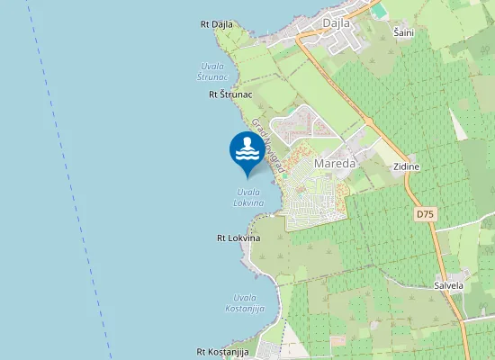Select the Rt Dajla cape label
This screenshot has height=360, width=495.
(217, 24)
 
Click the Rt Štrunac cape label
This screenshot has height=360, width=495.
(230, 94)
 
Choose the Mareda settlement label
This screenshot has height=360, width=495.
(335, 165)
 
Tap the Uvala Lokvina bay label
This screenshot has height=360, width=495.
(248, 197)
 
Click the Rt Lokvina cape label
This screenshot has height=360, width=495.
(238, 238)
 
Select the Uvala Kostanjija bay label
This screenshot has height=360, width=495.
(244, 303)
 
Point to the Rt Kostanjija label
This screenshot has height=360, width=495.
(222, 352)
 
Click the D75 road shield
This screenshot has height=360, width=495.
(425, 215)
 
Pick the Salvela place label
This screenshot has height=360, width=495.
(448, 285)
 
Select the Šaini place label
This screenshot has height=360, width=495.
(404, 32)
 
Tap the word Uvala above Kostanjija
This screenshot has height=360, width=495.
(244, 298)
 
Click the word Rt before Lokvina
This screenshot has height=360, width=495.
(221, 238)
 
